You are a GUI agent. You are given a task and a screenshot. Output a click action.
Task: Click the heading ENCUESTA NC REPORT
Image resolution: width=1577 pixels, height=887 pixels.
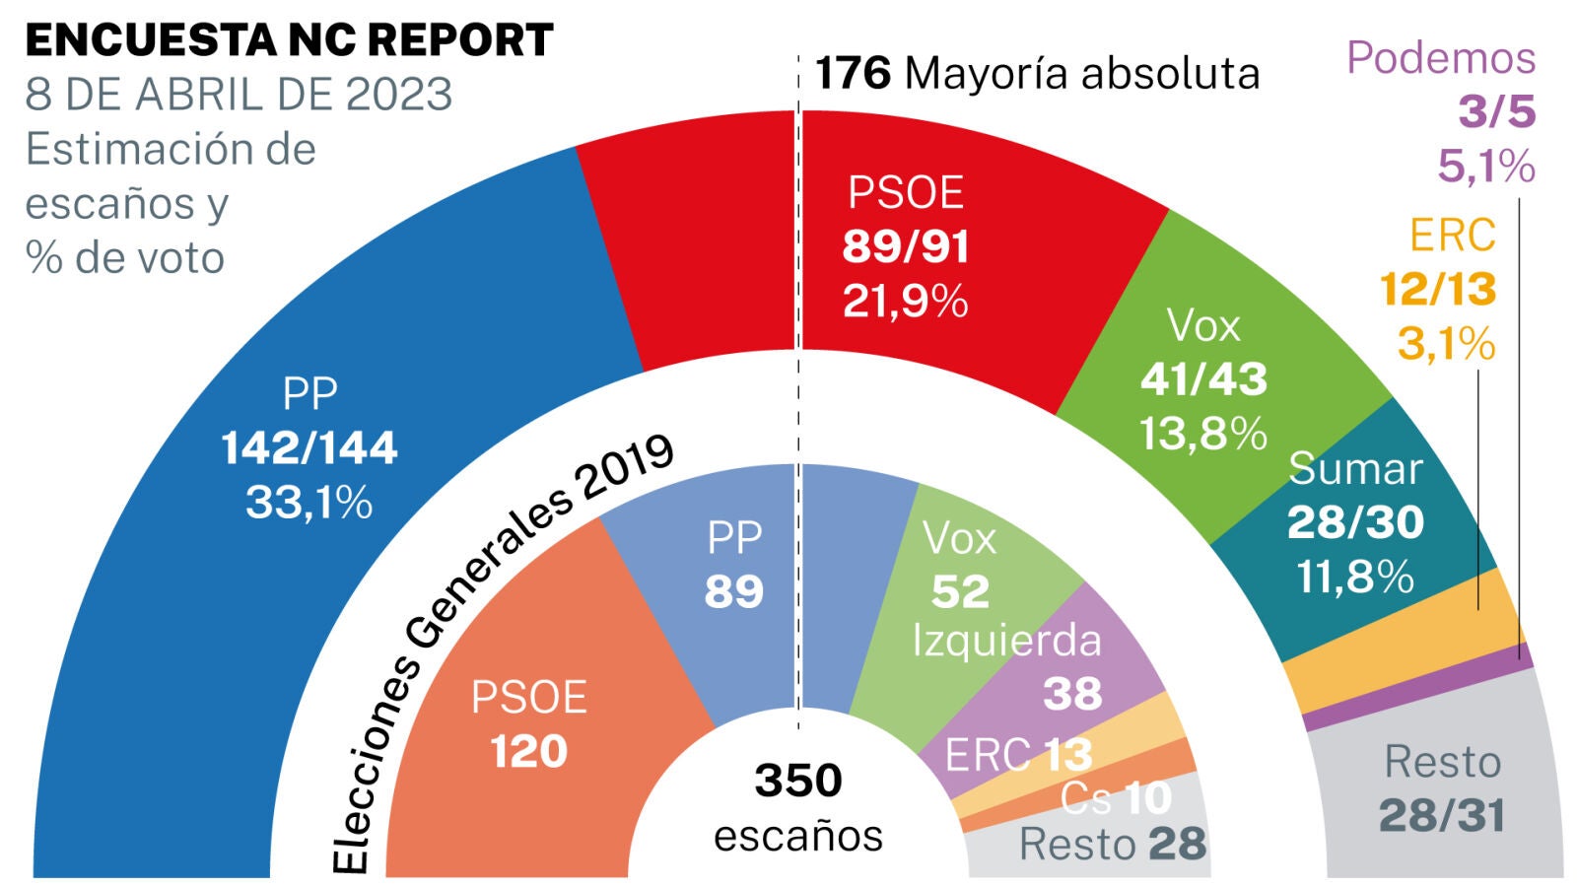click(x=289, y=41)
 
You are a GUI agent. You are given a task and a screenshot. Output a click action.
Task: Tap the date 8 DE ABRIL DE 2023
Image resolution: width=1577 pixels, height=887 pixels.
click(x=239, y=96)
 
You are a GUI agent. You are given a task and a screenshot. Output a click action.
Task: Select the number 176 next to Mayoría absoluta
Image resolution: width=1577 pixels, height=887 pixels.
click(x=854, y=74)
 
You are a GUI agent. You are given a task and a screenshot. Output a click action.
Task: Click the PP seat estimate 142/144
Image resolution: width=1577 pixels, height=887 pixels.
click(x=309, y=448)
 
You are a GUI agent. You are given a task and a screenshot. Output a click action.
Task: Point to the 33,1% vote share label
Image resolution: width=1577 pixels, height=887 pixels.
click(x=309, y=503)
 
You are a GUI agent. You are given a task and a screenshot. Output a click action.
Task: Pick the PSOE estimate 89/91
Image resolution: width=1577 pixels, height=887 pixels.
click(x=906, y=246)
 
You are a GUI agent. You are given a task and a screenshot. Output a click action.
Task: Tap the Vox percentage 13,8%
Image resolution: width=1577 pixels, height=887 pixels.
click(x=1203, y=434)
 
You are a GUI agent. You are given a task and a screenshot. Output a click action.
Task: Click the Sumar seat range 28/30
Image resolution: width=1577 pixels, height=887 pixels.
click(x=1355, y=522)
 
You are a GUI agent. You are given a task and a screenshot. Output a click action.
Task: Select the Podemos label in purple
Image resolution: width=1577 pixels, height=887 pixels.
click(x=1441, y=58)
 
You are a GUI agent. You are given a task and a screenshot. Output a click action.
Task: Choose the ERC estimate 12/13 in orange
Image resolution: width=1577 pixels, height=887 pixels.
click(x=1438, y=290)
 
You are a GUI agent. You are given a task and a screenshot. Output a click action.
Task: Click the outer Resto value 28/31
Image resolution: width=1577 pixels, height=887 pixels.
click(x=1442, y=816)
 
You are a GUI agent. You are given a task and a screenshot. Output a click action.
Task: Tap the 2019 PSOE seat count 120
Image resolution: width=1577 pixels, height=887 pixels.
click(x=529, y=752)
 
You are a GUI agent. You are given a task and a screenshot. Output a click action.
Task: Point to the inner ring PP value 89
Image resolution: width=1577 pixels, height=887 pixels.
click(x=734, y=591)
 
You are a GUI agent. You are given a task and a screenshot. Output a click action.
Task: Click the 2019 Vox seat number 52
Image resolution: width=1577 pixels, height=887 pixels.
click(x=960, y=591)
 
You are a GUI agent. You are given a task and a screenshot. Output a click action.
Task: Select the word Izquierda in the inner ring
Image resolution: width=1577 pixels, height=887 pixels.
click(x=1006, y=641)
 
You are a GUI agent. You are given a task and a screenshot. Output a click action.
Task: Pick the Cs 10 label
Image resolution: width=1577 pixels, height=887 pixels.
click(x=1117, y=798)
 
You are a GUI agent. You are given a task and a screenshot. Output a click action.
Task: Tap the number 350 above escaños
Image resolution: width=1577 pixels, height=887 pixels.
click(x=798, y=781)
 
